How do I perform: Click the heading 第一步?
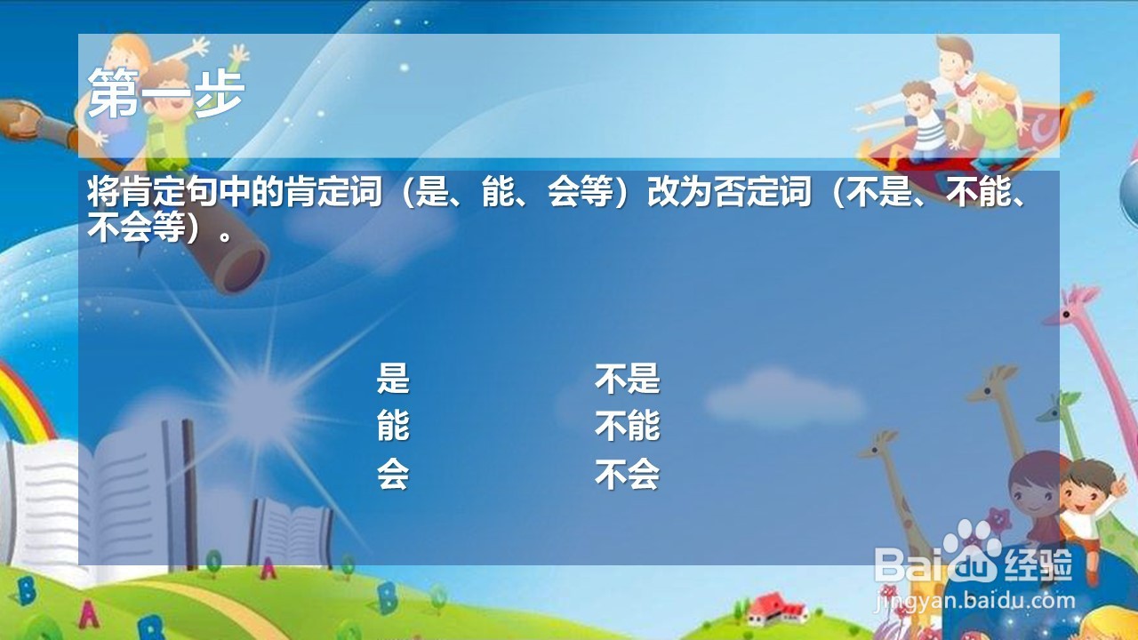[x=165, y=93]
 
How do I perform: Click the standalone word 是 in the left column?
[x=393, y=379]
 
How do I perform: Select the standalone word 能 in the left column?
[x=393, y=426]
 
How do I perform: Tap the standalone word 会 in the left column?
[x=393, y=474]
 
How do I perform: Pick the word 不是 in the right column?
[x=628, y=379]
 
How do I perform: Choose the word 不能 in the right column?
[x=628, y=426]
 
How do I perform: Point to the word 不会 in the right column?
[x=628, y=474]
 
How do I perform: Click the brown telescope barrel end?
[x=240, y=268]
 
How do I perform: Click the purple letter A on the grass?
[x=90, y=613]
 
